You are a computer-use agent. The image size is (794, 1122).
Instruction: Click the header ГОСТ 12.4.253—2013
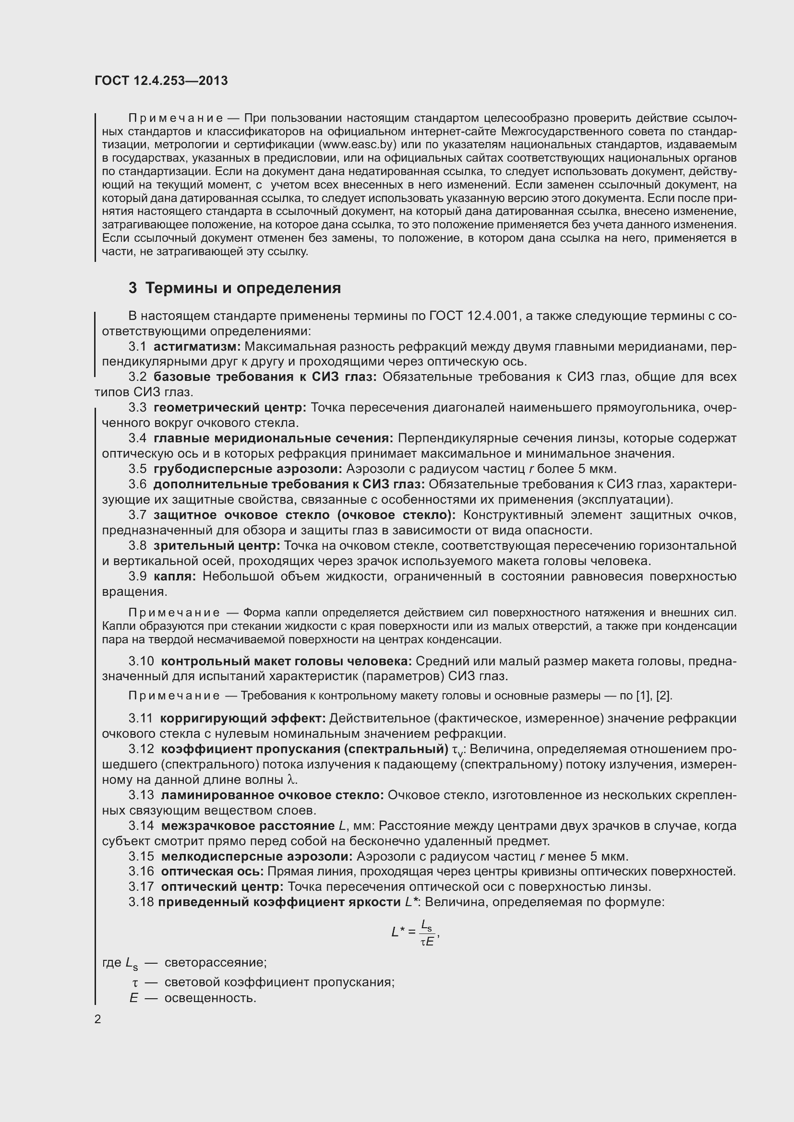tap(161, 81)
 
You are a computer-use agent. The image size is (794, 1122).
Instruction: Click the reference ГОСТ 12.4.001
tap(473, 316)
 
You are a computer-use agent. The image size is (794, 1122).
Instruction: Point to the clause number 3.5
tap(137, 469)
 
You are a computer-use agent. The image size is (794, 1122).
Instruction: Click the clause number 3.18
tap(141, 902)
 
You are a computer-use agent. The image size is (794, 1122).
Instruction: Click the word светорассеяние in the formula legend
tap(215, 963)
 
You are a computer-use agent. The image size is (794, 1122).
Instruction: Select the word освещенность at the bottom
tap(210, 998)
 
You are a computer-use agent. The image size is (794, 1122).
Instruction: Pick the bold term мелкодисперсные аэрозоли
tap(257, 856)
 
